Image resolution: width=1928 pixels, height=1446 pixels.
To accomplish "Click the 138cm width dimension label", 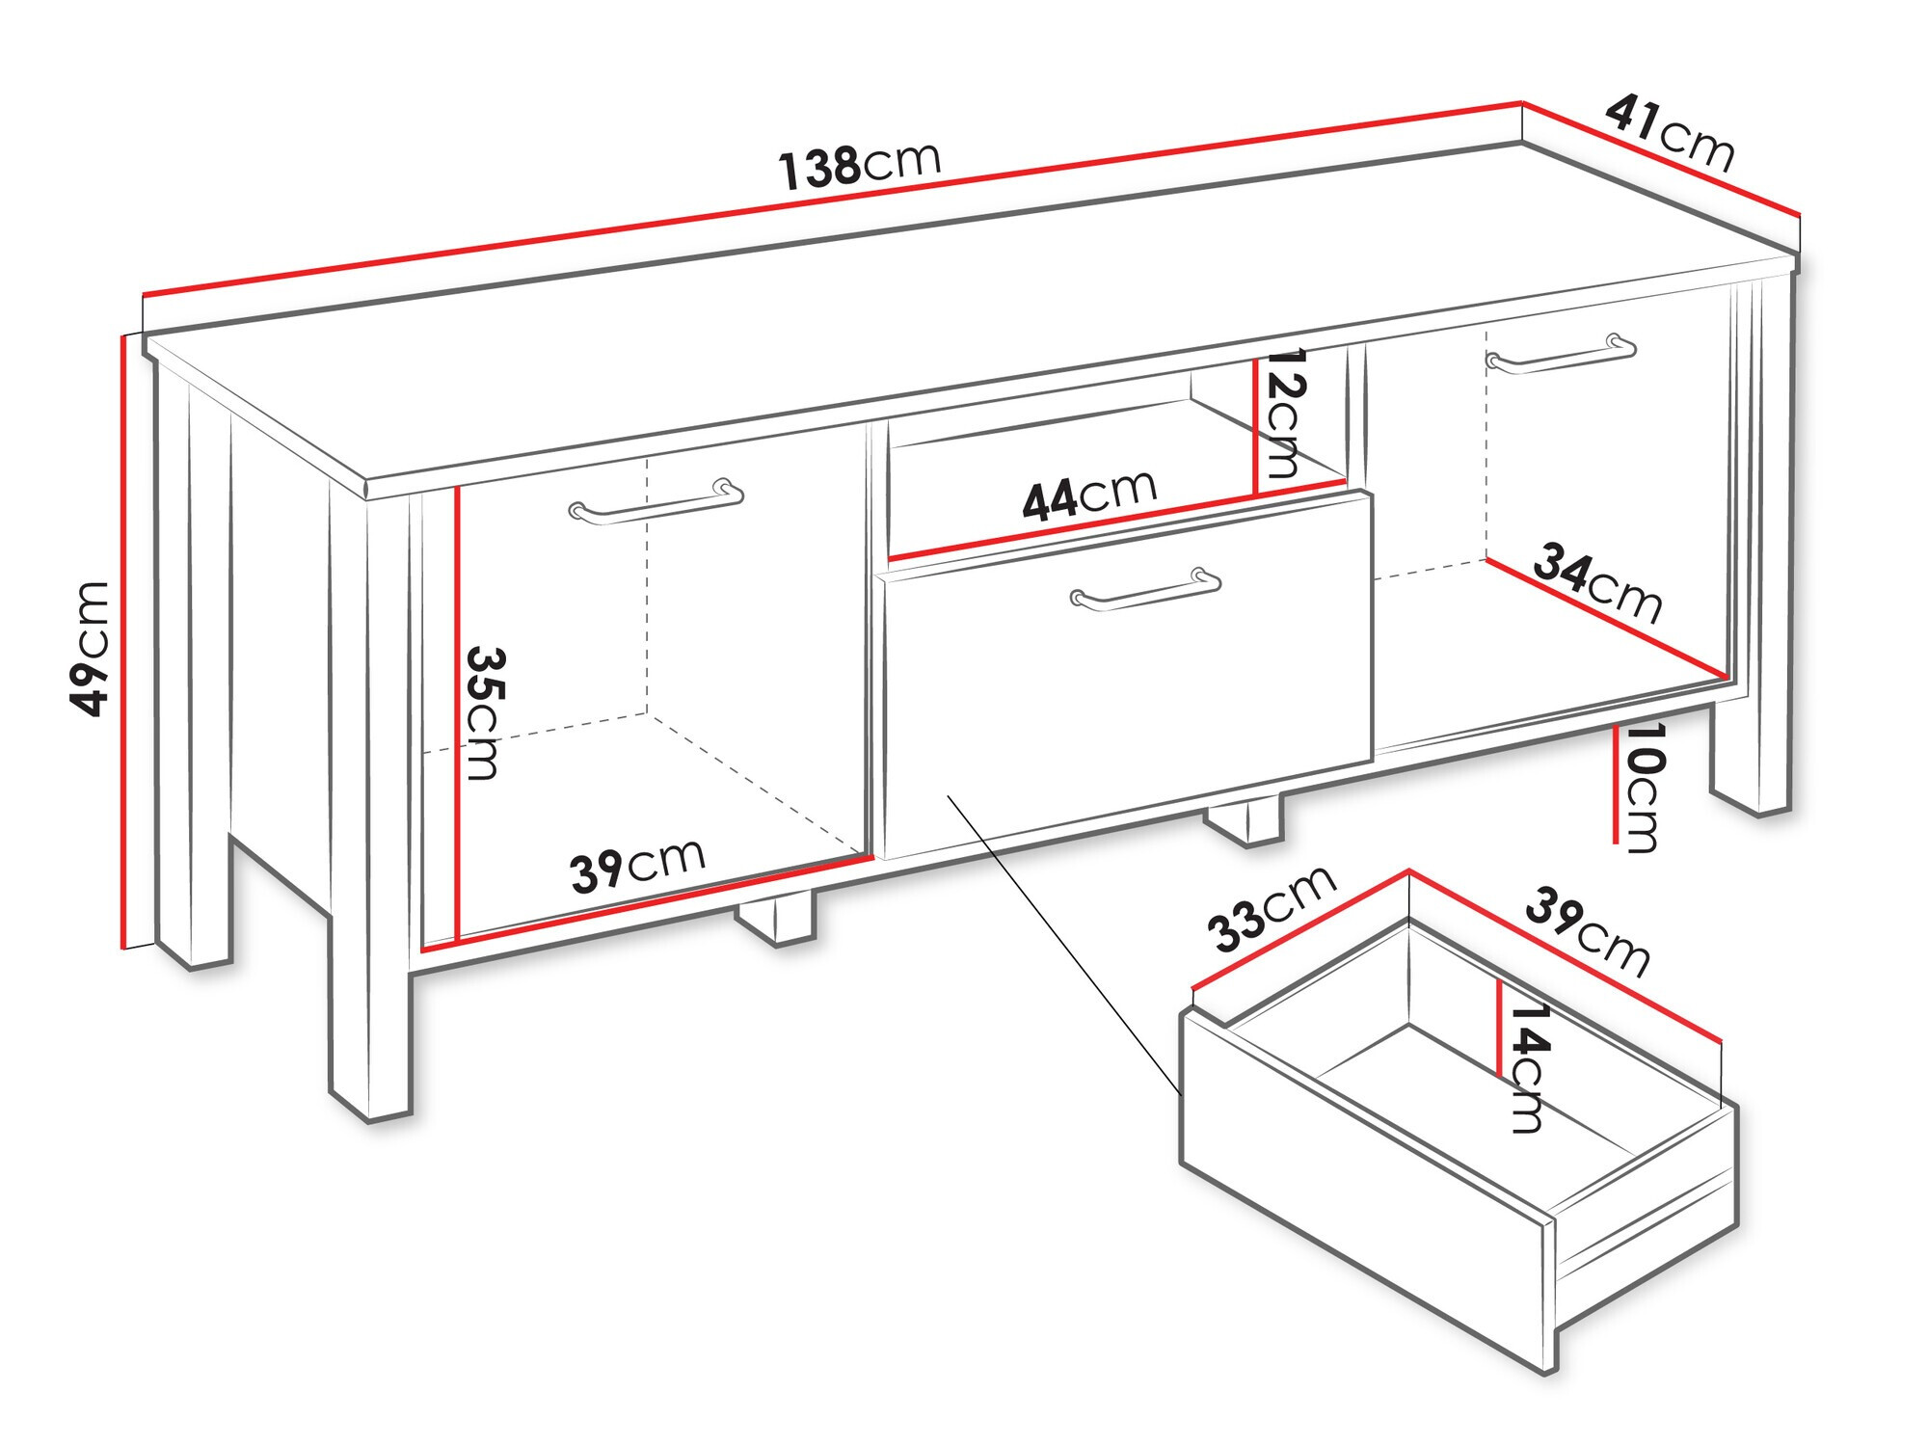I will pyautogui.click(x=859, y=166).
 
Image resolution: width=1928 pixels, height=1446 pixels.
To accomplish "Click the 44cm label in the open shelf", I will pyautogui.click(x=1089, y=496).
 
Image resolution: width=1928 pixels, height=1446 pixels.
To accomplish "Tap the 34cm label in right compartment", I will pyautogui.click(x=1597, y=582).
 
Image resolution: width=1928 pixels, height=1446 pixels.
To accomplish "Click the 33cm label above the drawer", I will pyautogui.click(x=1272, y=908).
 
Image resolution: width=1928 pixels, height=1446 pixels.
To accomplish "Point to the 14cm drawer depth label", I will pyautogui.click(x=1529, y=1067).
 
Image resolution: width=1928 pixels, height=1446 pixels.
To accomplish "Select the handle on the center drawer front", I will pyautogui.click(x=1145, y=589).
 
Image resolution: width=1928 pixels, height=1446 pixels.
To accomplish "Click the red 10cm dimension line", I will pyautogui.click(x=1615, y=783).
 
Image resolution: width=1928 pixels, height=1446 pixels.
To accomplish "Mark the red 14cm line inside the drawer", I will pyautogui.click(x=1499, y=1028).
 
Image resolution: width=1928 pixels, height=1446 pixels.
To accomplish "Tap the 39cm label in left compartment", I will pyautogui.click(x=637, y=865).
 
